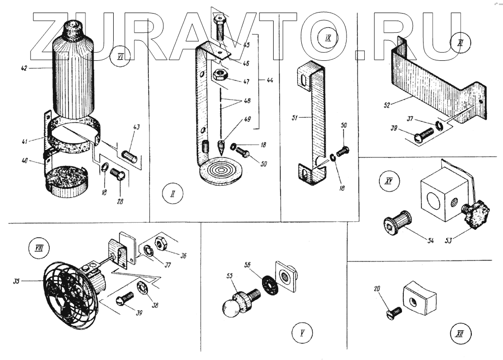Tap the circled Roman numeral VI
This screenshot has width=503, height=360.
pos(120,56)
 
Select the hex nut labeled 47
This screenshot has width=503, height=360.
pos(220,75)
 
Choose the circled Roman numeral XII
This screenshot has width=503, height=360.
pos(459,333)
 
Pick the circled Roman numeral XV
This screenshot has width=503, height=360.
pos(388,182)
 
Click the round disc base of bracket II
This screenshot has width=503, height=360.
pos(219,169)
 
